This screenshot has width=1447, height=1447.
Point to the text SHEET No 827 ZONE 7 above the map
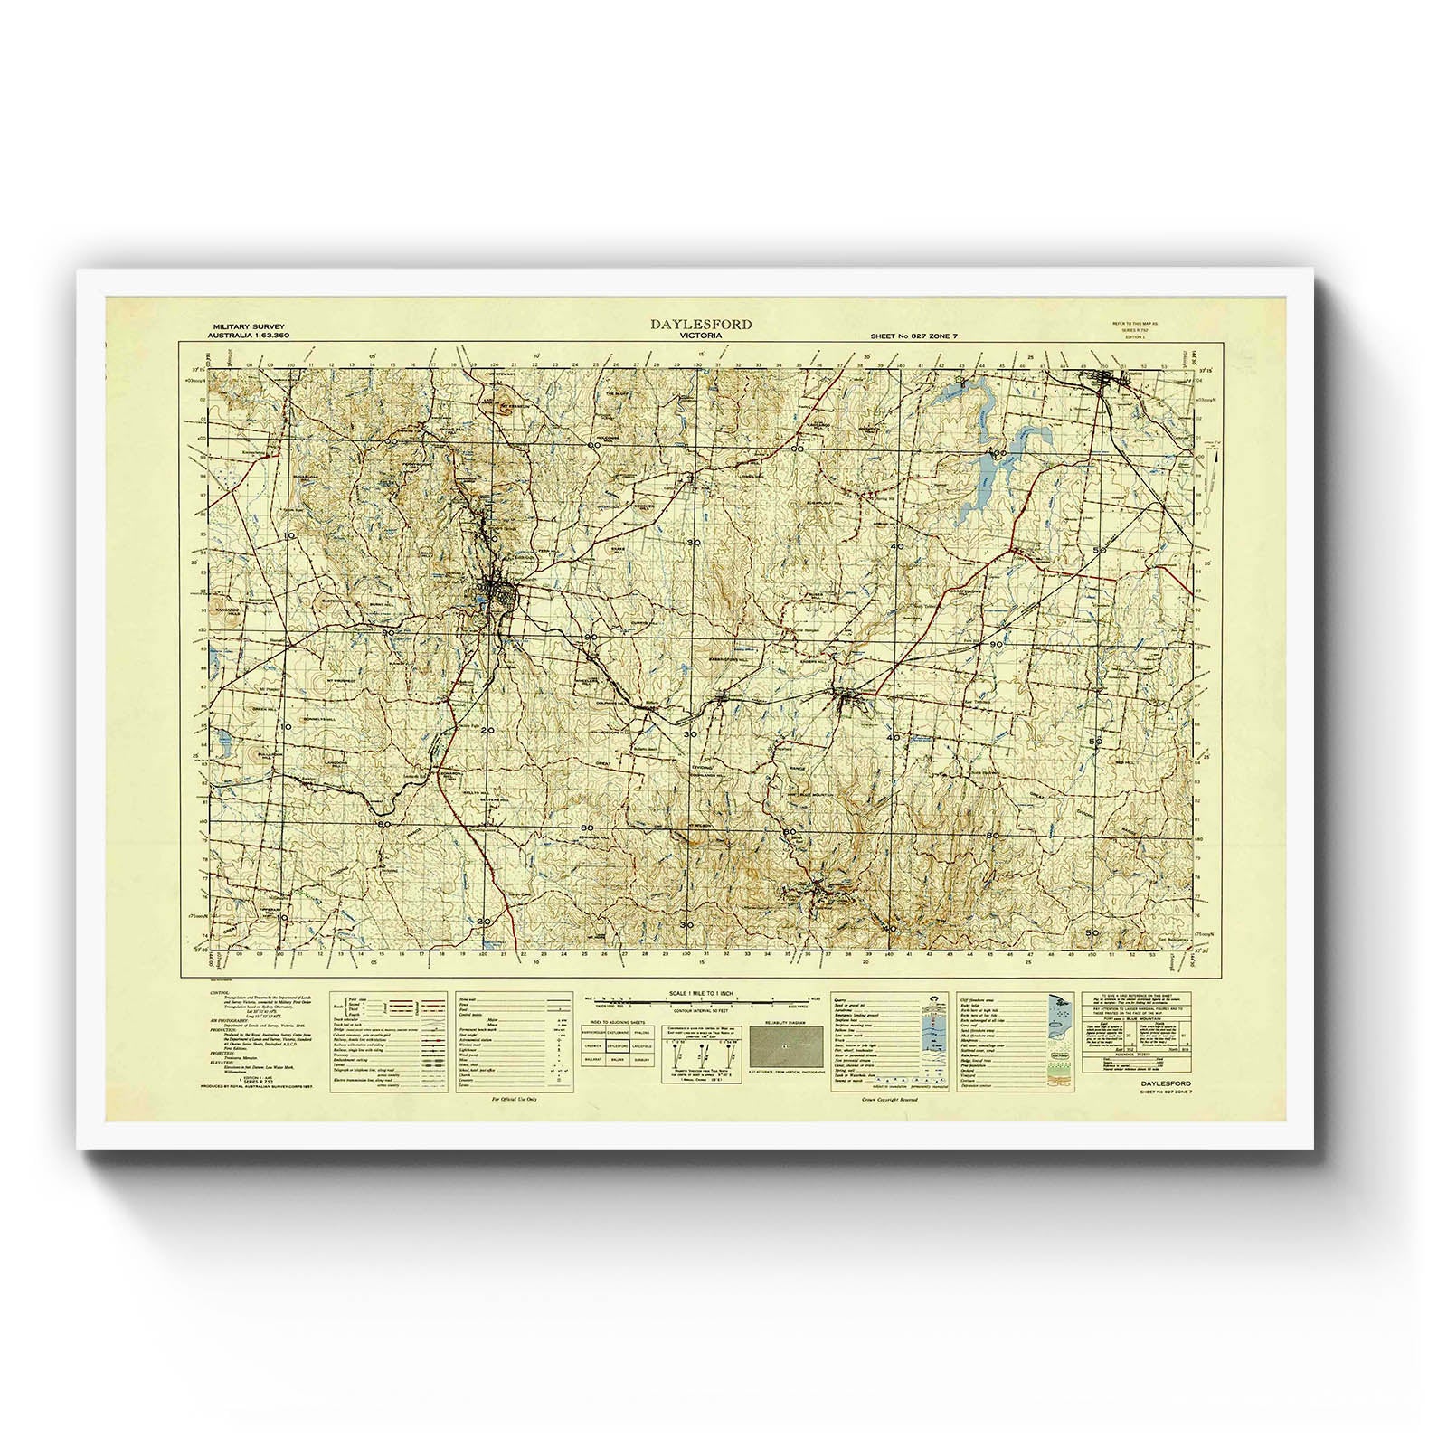tap(913, 336)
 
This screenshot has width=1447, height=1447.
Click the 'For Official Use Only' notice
tap(514, 1100)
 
